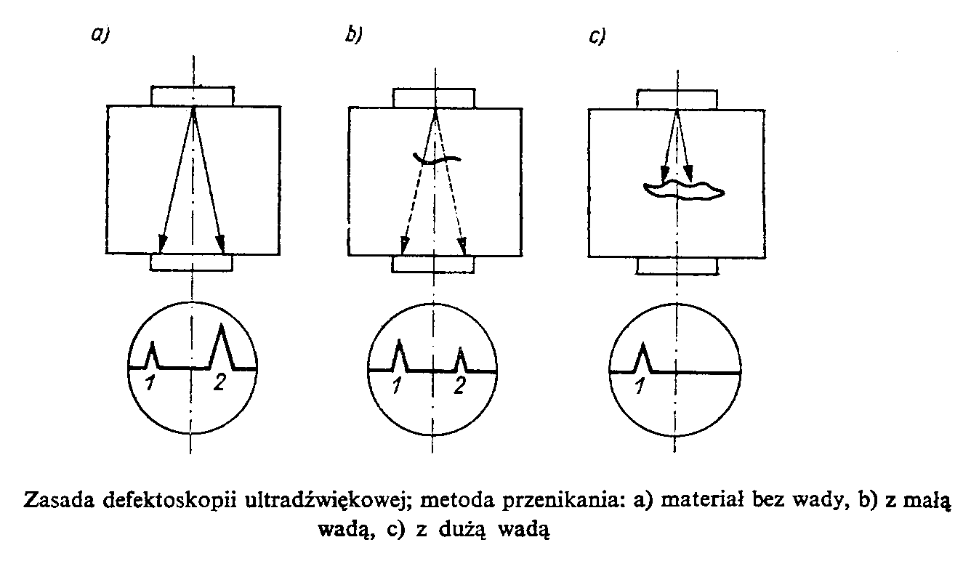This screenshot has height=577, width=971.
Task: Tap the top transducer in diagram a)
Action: click(193, 96)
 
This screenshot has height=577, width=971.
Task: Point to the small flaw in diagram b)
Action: click(436, 158)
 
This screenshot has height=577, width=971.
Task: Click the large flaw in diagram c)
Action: click(683, 190)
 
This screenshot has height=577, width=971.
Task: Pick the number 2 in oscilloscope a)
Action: click(219, 384)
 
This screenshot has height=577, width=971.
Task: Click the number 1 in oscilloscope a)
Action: click(148, 384)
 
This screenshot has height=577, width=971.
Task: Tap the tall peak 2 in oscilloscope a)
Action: click(222, 346)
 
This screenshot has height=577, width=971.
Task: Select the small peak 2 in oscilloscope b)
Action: click(460, 359)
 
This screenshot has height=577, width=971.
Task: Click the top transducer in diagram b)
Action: click(434, 97)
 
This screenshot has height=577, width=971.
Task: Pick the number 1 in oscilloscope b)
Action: click(397, 386)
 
